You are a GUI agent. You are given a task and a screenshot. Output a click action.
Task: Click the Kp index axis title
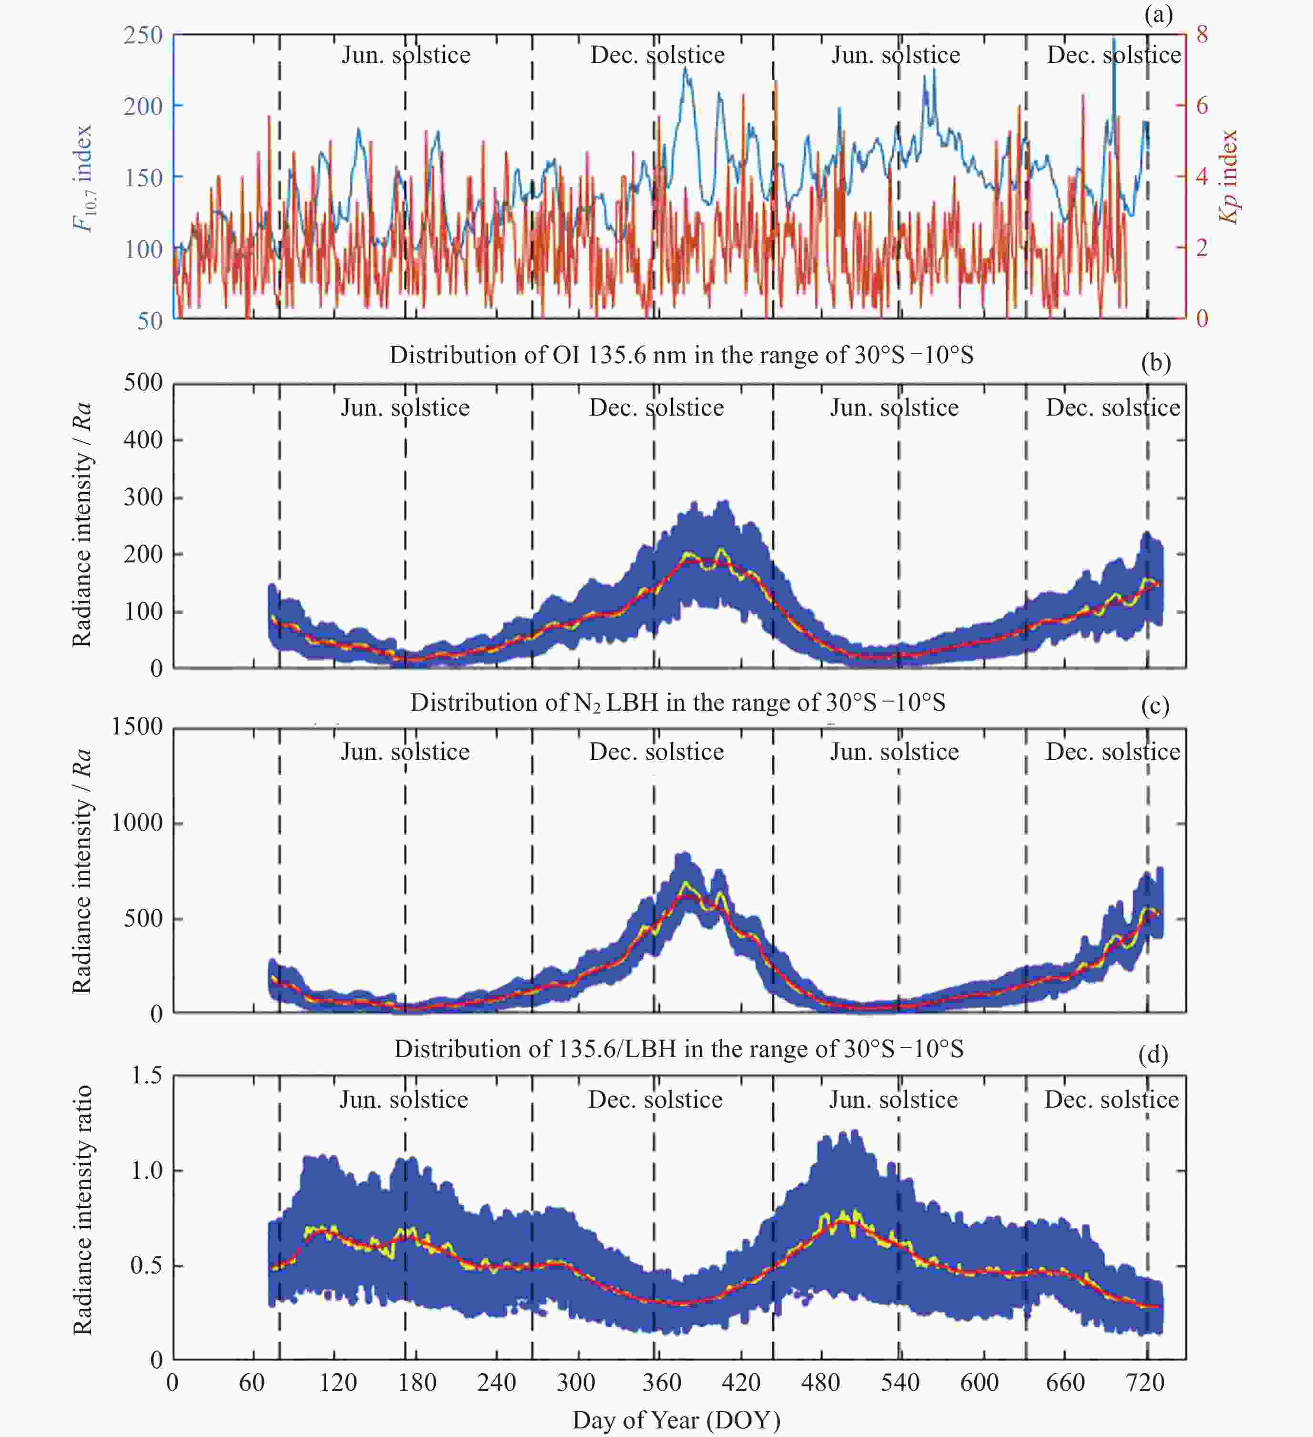pos(1228,177)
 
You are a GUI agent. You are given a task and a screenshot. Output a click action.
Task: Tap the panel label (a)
pos(1158,14)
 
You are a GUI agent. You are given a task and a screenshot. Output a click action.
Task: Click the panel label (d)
pos(1153,1053)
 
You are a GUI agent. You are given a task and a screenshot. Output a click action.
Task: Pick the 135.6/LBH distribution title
pos(678,1049)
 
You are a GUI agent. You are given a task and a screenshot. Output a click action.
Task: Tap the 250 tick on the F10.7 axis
pos(143,35)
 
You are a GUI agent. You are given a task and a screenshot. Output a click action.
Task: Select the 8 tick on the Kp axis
pos(1202,34)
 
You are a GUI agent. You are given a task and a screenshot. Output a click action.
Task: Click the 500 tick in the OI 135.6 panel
pos(143,382)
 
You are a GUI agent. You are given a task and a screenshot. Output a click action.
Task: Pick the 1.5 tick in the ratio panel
pos(147,1074)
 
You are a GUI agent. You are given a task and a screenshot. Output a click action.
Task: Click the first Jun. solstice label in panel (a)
pos(406,55)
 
